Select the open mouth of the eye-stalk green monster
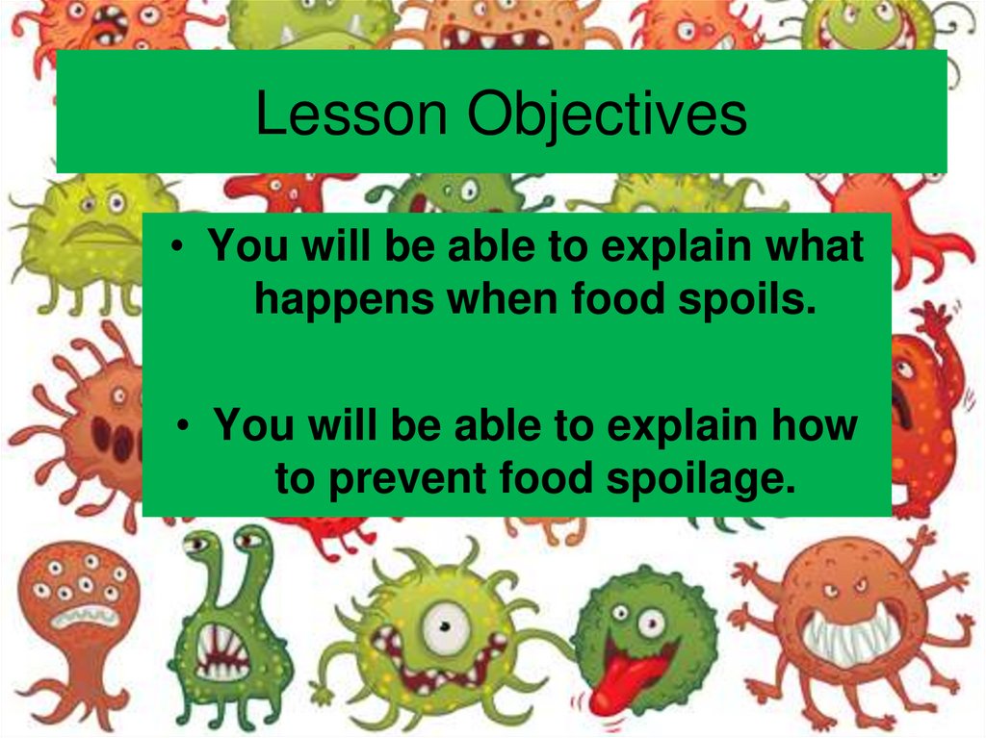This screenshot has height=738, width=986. point(222,654)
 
